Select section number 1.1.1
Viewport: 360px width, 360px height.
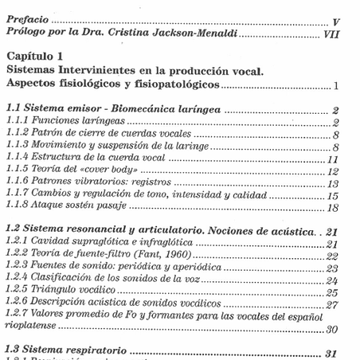[x=19, y=122]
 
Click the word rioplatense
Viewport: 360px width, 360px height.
[x=33, y=328]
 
